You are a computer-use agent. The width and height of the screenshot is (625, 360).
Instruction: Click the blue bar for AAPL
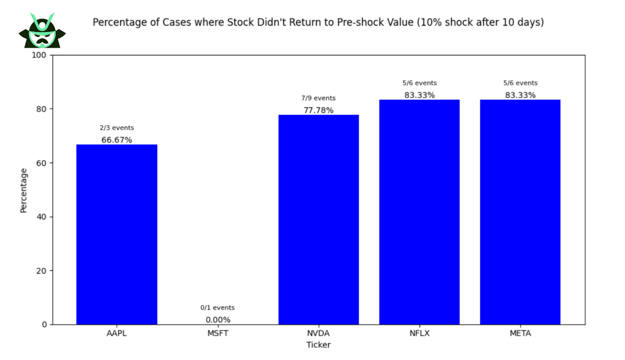[x=117, y=234]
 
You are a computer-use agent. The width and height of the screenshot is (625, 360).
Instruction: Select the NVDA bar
[x=318, y=219]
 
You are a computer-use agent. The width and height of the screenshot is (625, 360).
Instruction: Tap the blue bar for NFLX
[x=419, y=212]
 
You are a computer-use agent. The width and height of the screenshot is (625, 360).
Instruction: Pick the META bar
[x=520, y=212]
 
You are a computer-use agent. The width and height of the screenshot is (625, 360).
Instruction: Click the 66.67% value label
[x=117, y=140]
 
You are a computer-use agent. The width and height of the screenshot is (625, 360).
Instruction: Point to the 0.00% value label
[x=218, y=320]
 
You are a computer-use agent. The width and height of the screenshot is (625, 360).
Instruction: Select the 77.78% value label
[x=318, y=110]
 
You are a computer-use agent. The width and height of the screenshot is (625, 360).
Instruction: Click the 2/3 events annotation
[x=117, y=128]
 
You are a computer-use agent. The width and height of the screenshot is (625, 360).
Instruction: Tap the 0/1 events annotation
[x=218, y=308]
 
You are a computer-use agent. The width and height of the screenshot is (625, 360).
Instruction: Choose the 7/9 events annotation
[x=318, y=98]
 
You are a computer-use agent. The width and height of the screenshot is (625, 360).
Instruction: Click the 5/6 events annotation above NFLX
[x=419, y=83]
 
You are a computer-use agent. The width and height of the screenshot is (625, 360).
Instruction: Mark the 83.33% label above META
[x=520, y=95]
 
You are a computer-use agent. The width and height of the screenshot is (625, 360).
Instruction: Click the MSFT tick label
[x=218, y=333]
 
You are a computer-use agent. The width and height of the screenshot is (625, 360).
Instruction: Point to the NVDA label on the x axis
[x=318, y=333]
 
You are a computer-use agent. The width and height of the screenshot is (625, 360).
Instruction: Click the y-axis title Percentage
[x=24, y=190]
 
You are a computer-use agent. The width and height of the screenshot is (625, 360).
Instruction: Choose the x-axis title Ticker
[x=318, y=345]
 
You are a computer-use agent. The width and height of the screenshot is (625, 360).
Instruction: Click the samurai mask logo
[x=42, y=31]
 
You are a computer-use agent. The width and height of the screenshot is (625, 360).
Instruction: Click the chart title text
[x=318, y=23]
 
